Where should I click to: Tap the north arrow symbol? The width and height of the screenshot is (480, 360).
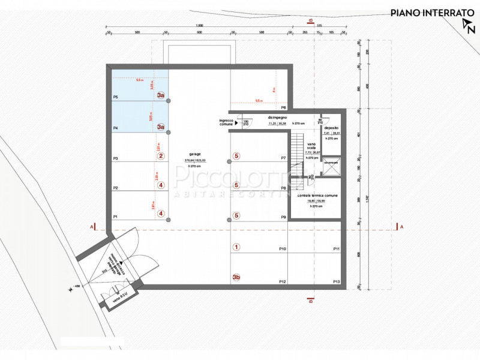click(x=467, y=25)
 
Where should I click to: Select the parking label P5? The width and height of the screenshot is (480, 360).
click(x=115, y=97)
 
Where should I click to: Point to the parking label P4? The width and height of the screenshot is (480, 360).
click(x=115, y=128)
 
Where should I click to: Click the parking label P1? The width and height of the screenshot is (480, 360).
click(x=115, y=217)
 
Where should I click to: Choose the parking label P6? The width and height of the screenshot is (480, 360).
click(x=283, y=107)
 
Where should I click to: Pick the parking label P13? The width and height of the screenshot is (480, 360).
click(x=336, y=281)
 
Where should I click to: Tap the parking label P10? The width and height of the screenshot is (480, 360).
click(x=283, y=248)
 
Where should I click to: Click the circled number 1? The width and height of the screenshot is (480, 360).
click(x=236, y=247)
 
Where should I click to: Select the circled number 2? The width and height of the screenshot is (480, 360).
click(x=161, y=156)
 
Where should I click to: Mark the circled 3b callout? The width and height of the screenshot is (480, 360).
click(x=236, y=277)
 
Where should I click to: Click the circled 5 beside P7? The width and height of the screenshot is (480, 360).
click(x=236, y=156)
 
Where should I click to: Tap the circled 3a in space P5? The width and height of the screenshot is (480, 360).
click(x=161, y=95)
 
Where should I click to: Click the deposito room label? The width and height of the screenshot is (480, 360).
click(x=331, y=128)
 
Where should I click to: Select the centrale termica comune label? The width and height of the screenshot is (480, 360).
click(x=316, y=196)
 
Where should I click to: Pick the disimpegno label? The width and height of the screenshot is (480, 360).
click(x=277, y=118)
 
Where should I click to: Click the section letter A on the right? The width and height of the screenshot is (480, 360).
click(x=401, y=227)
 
